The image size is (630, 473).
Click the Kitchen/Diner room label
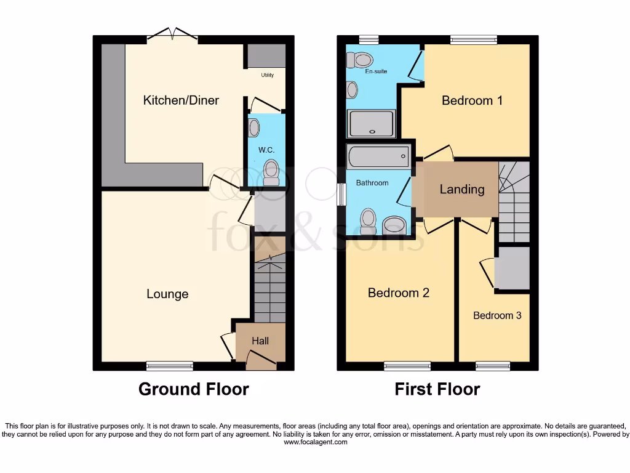tap(181, 100)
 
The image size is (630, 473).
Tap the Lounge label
tap(167, 294)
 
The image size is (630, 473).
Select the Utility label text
tap(267, 75)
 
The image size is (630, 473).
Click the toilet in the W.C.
tap(270, 172)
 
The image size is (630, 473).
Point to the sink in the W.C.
tap(253, 128)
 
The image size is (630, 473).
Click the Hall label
tap(260, 341)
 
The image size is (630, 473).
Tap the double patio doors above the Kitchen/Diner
tap(172, 35)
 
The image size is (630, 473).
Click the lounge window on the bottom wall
tap(170, 366)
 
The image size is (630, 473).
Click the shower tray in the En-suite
tap(371, 123)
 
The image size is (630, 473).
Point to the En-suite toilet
tap(361, 60)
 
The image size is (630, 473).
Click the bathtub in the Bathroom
tap(378, 156)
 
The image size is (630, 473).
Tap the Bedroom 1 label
tap(472, 100)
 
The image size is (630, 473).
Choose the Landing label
tap(461, 189)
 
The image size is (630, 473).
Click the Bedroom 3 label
tap(497, 315)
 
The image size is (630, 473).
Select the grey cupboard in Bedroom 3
tap(512, 269)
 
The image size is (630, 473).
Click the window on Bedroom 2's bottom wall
tap(407, 366)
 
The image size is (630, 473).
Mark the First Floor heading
tap(437, 389)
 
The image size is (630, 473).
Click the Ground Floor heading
tap(193, 389)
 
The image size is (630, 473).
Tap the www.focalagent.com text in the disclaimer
tap(315, 442)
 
